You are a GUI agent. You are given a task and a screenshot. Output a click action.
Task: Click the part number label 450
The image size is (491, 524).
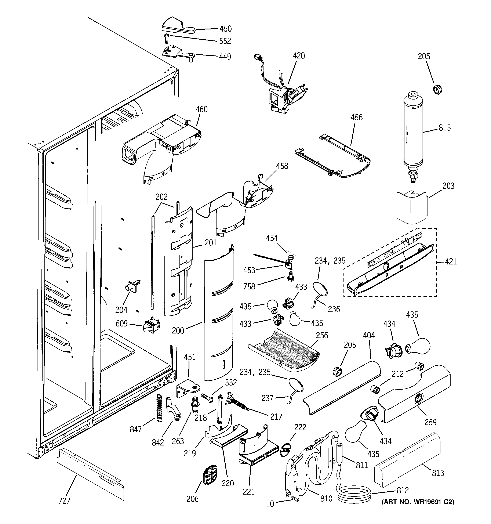coord(225,29)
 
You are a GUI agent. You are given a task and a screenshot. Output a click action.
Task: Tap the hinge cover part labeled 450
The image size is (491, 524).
coord(177,26)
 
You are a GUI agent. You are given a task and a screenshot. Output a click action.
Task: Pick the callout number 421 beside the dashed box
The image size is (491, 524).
coord(450,262)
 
